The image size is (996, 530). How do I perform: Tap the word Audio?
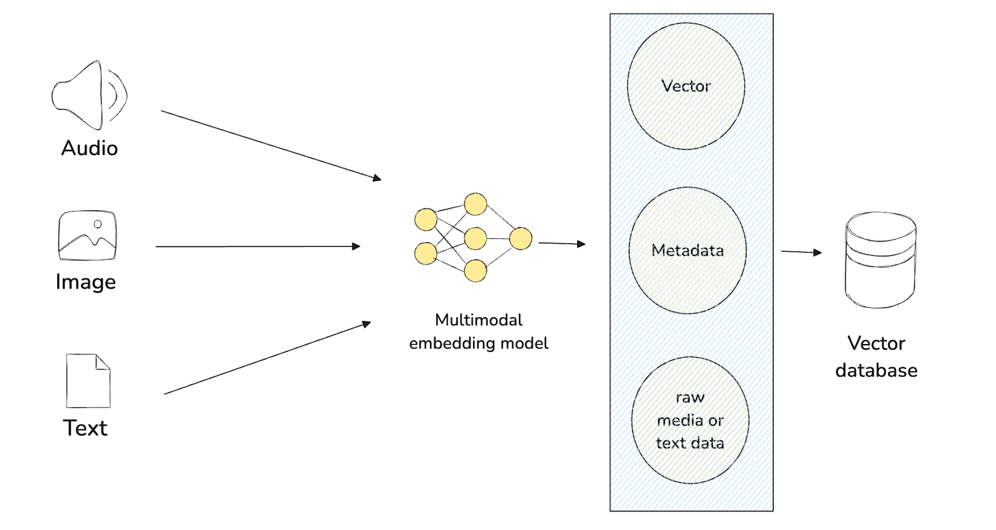[90, 148]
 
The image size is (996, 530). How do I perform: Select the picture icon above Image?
[87, 236]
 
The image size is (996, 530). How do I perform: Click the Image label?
[86, 282]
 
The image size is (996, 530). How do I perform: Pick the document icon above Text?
[88, 381]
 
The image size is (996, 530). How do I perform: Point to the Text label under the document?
[85, 428]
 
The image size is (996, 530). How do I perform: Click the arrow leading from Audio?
[271, 146]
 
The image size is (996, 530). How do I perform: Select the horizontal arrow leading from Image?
[258, 246]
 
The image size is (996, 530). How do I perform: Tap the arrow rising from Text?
[268, 358]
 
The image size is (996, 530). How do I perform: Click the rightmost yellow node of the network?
[520, 238]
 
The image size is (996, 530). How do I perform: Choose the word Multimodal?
[479, 320]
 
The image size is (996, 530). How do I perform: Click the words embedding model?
[479, 343]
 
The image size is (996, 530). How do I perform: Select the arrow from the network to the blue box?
[561, 243]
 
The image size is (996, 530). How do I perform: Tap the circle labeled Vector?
[686, 86]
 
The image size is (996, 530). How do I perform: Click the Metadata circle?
[688, 250]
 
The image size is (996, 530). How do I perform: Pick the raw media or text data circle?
[690, 421]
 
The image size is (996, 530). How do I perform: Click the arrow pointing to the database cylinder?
[801, 252]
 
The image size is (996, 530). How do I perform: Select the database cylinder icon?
[880, 260]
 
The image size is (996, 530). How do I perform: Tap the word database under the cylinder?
[876, 370]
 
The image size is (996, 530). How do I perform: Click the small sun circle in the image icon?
[98, 224]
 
